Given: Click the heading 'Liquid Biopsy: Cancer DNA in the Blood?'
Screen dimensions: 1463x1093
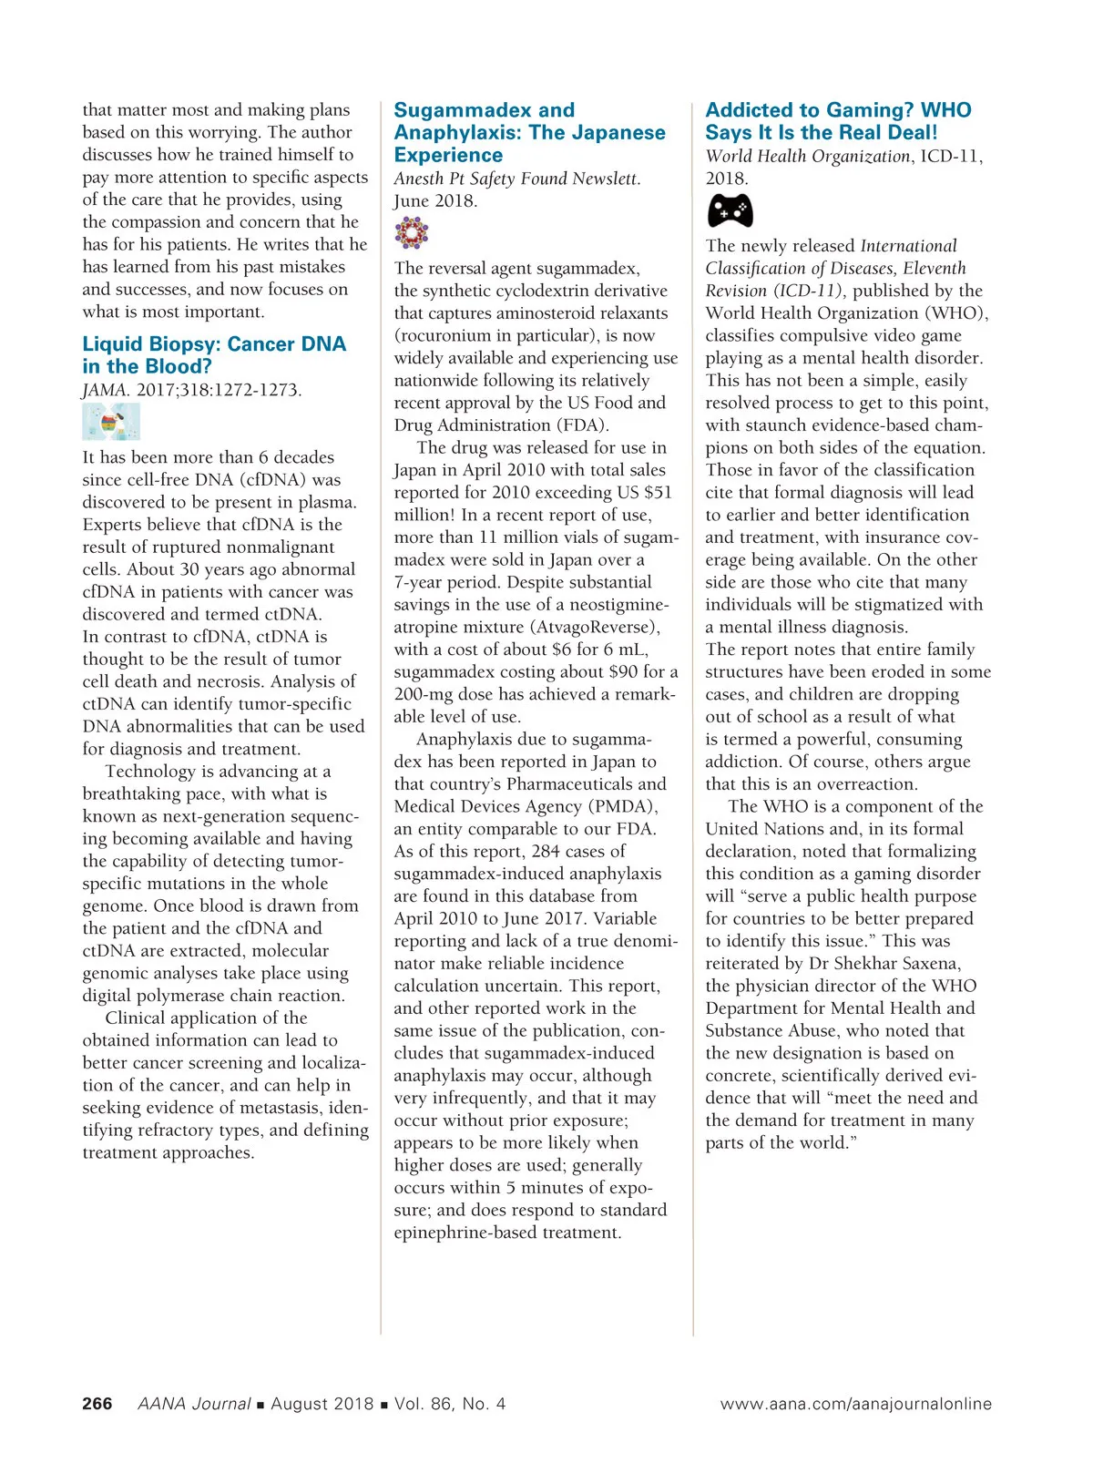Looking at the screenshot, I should click(214, 355).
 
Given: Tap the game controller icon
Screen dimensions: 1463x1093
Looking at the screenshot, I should click(730, 211).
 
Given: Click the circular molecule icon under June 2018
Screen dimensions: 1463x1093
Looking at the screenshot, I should click(412, 233).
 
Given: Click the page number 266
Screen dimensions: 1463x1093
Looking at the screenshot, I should click(97, 1404).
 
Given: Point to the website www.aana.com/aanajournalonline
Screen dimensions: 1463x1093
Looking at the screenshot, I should click(855, 1404).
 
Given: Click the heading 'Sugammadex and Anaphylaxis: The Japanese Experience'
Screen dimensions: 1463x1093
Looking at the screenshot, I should click(529, 133).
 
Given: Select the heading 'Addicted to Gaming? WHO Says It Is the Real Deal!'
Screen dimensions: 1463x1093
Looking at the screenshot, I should click(838, 121).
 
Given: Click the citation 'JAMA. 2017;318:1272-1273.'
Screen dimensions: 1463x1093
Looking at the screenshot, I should click(191, 390).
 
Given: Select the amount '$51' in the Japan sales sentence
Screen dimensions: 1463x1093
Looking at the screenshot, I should click(657, 493).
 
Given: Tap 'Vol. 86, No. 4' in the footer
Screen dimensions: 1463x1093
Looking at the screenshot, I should click(450, 1404).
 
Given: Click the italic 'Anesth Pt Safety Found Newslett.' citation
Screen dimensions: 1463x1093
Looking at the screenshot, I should click(516, 179).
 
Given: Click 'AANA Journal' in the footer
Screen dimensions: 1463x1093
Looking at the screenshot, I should click(194, 1404).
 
